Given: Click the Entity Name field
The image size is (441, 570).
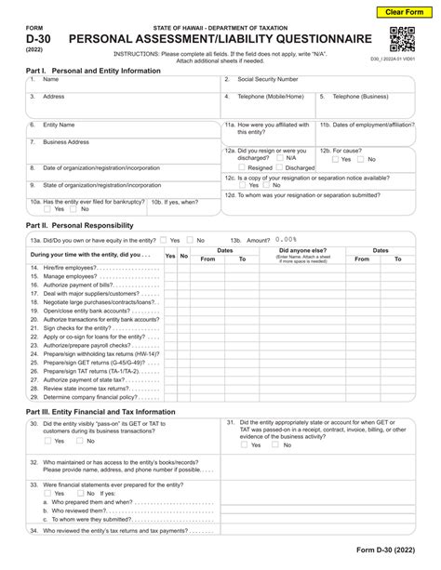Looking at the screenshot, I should (121, 129).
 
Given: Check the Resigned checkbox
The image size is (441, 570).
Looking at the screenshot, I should (241, 167).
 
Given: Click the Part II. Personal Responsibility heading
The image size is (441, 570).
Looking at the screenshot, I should (80, 225).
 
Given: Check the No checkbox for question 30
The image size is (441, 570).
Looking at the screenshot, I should (80, 442).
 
